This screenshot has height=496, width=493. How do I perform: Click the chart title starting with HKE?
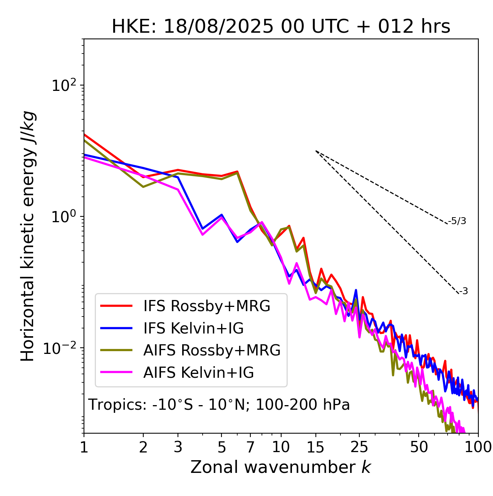[x=281, y=27]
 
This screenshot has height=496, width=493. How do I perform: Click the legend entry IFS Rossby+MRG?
[x=206, y=306]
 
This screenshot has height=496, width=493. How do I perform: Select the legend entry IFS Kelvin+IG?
[x=193, y=328]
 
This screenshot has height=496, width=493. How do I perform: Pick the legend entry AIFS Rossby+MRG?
[x=212, y=350]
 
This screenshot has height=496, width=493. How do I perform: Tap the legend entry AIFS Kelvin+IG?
[x=198, y=373]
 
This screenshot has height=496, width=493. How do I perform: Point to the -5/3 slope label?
[x=457, y=221]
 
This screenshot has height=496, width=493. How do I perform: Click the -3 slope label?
[x=463, y=292]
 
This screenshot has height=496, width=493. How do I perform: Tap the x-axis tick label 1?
[x=84, y=447]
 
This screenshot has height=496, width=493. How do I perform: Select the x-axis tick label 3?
[x=178, y=447]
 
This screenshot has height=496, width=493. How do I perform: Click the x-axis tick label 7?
[x=250, y=447]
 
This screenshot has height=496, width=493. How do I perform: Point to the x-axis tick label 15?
[x=315, y=447]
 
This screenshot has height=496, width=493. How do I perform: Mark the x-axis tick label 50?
[x=419, y=447]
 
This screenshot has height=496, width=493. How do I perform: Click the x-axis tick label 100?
[x=478, y=447]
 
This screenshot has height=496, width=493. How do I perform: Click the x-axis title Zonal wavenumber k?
[x=281, y=467]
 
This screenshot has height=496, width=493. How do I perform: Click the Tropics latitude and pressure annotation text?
[x=219, y=405]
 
